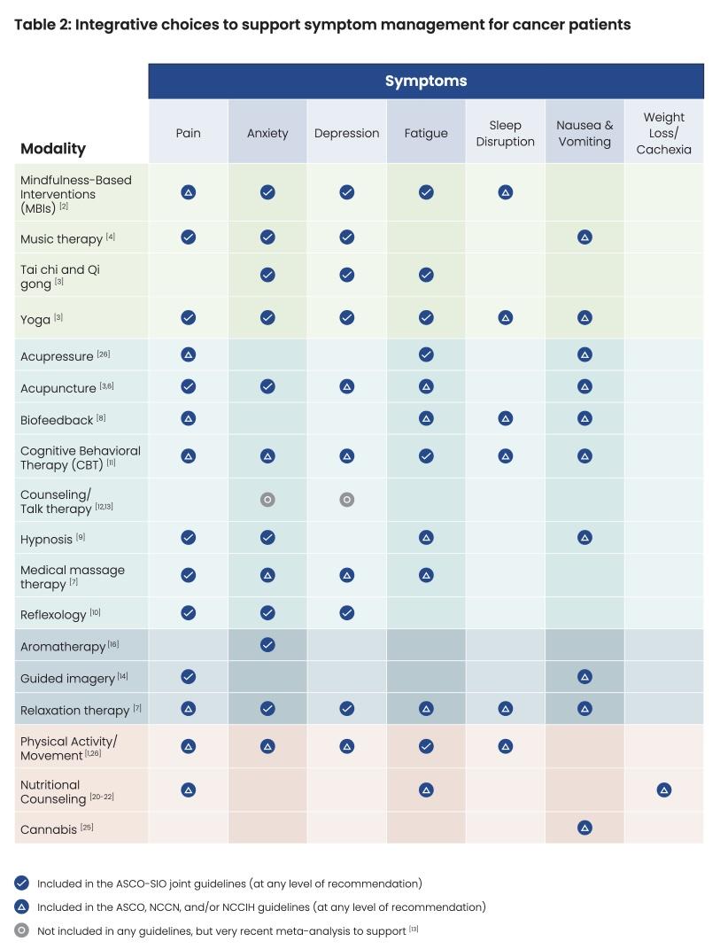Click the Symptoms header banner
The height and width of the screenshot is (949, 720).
[425, 82]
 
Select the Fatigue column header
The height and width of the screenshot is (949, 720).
[425, 134]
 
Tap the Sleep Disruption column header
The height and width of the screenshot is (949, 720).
[505, 134]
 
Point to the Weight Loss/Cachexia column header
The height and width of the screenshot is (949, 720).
[663, 134]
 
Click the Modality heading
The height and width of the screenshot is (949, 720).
[53, 149]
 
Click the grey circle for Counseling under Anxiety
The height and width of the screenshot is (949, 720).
[267, 500]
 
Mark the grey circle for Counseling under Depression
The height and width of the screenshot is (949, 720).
[347, 500]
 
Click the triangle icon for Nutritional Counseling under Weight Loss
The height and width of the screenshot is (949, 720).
[664, 790]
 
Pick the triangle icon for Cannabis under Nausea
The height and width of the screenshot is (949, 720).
[585, 828]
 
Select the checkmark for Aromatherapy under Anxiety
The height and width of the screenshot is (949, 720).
[267, 645]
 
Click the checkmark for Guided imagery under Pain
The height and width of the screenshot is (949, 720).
[188, 677]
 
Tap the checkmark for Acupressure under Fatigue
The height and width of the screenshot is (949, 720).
[426, 354]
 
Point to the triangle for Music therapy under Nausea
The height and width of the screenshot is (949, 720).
[585, 237]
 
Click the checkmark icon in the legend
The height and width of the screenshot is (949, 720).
[22, 883]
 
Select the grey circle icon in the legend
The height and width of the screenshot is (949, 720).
[22, 930]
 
